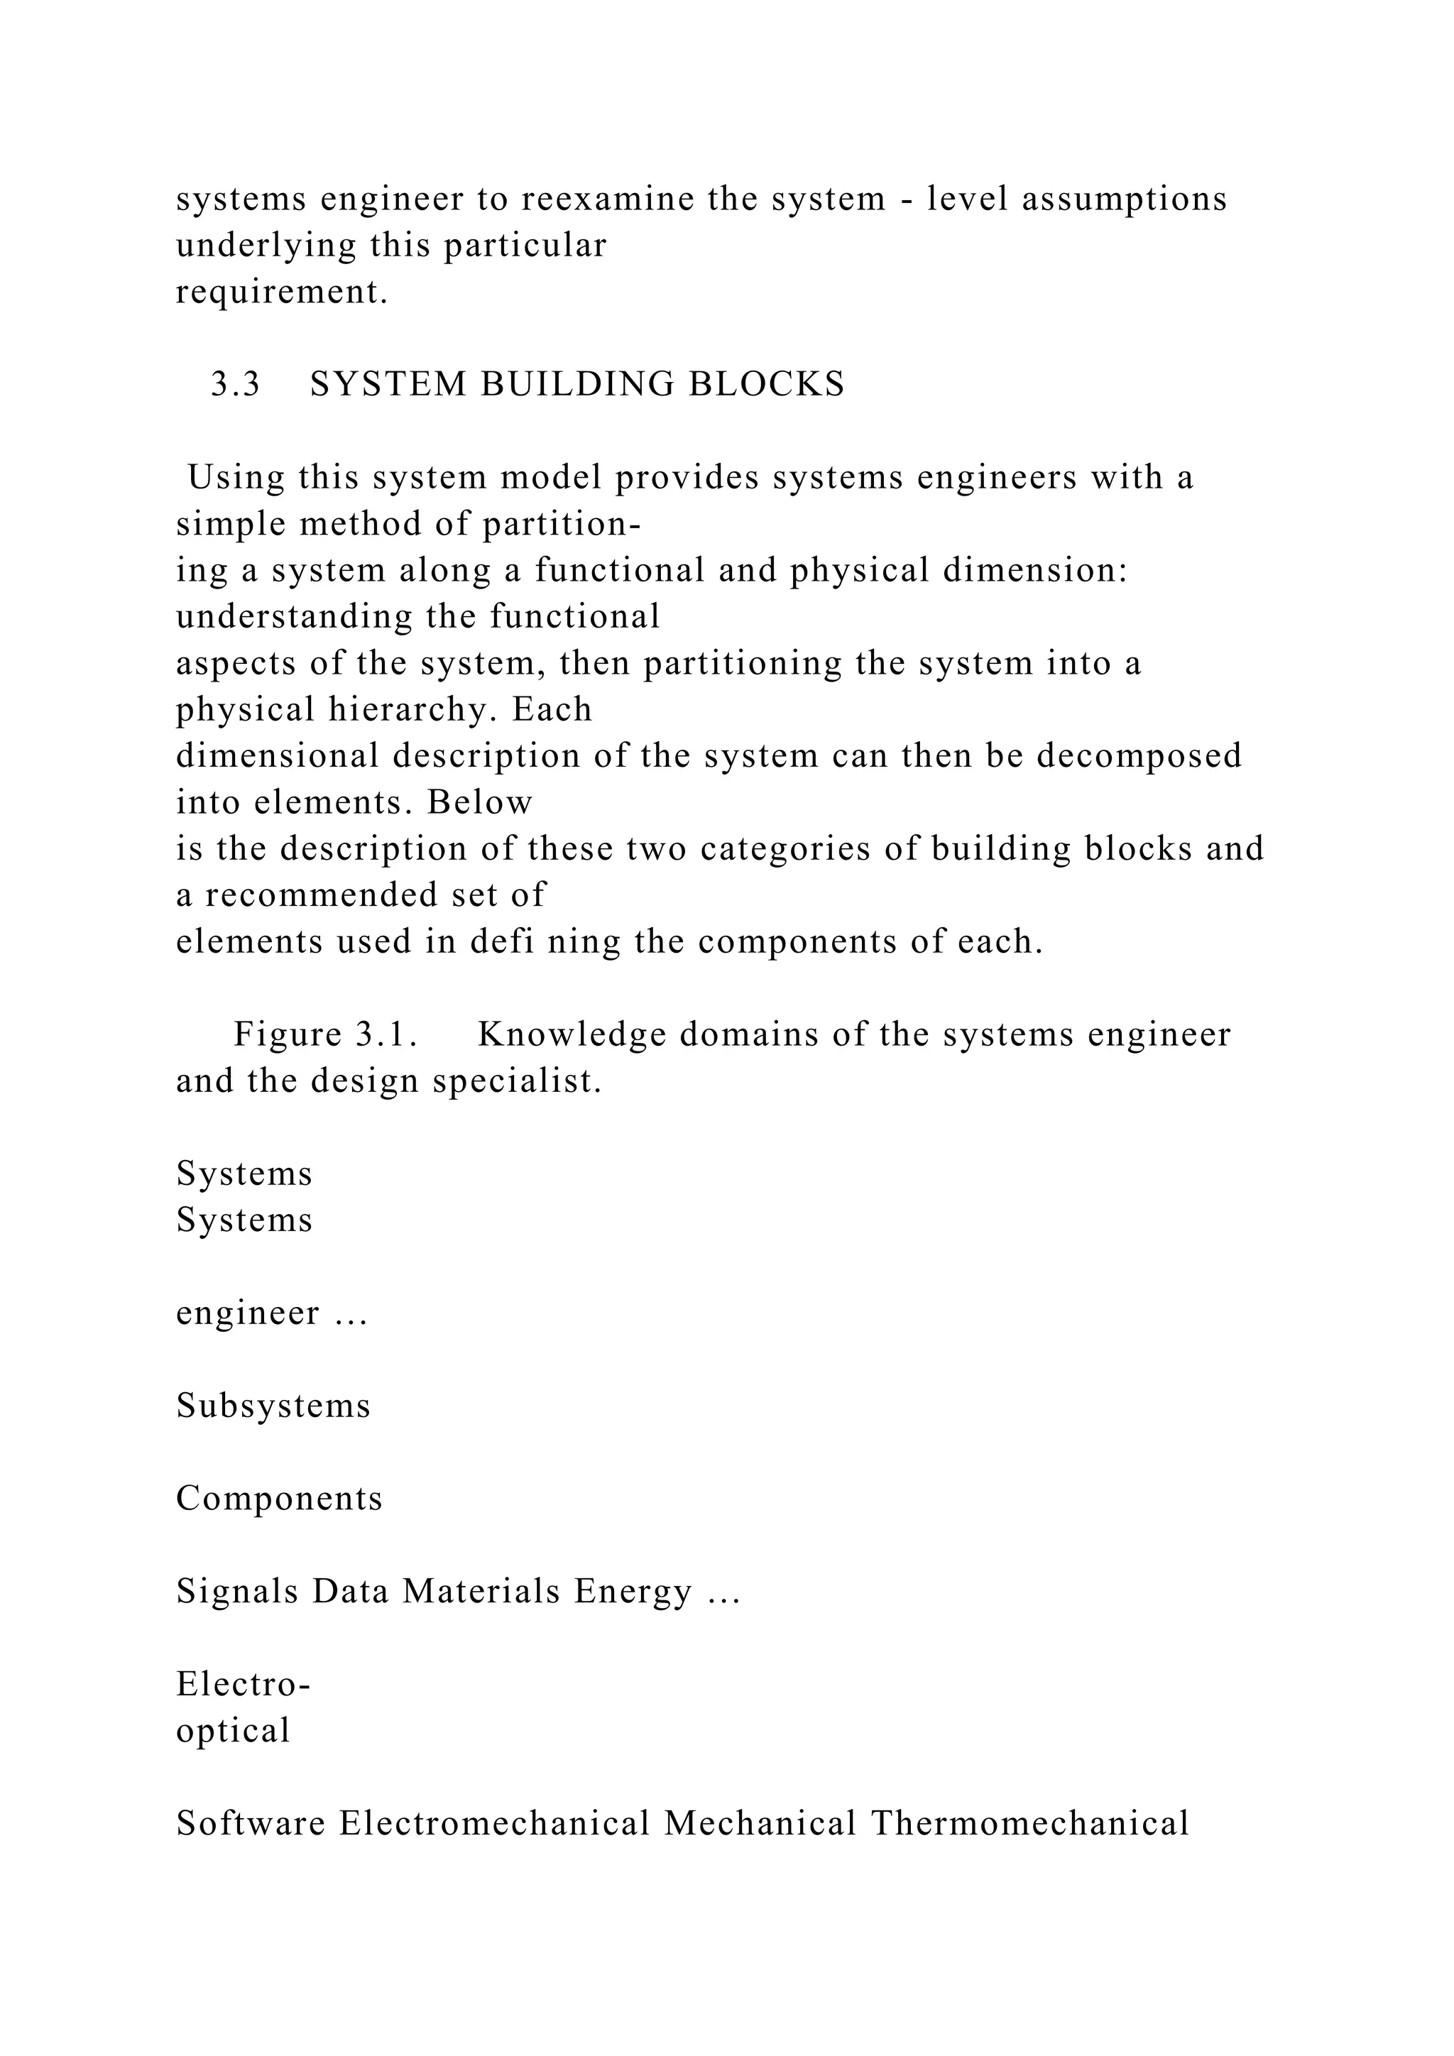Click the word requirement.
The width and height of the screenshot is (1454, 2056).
point(282,292)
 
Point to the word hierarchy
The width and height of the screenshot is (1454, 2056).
point(415,709)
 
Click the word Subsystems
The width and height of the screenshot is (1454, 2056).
point(273,1406)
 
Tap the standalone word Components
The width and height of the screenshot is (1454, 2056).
point(278,1499)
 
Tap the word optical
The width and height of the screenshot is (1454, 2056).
point(233,1732)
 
